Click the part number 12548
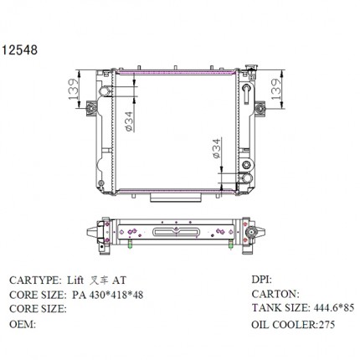coord(20,50)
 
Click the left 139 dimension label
coord(73,89)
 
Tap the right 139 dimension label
coord(276,89)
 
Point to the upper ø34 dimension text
coord(129,121)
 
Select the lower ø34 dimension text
coord(217,148)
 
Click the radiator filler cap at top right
coord(251,68)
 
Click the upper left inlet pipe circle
coord(105,90)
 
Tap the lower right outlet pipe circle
coord(247,178)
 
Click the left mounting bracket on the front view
coord(91,108)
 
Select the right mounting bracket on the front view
coord(260,108)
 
